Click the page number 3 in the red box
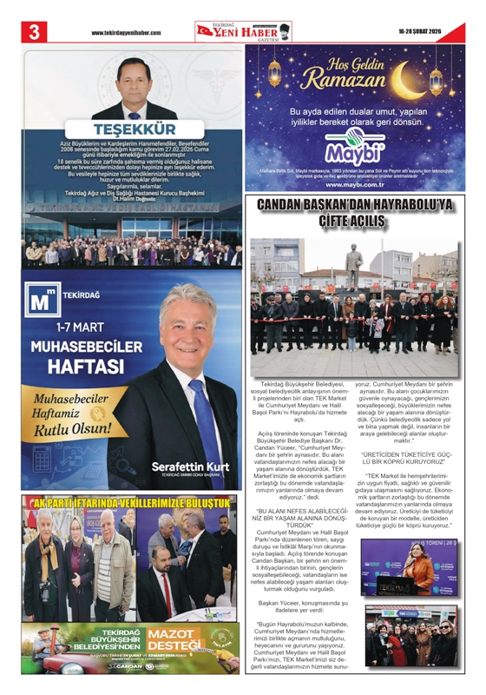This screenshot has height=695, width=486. tap(35, 31)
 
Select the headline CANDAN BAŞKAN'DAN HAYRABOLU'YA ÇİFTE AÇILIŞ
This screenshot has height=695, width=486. tap(354, 213)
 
